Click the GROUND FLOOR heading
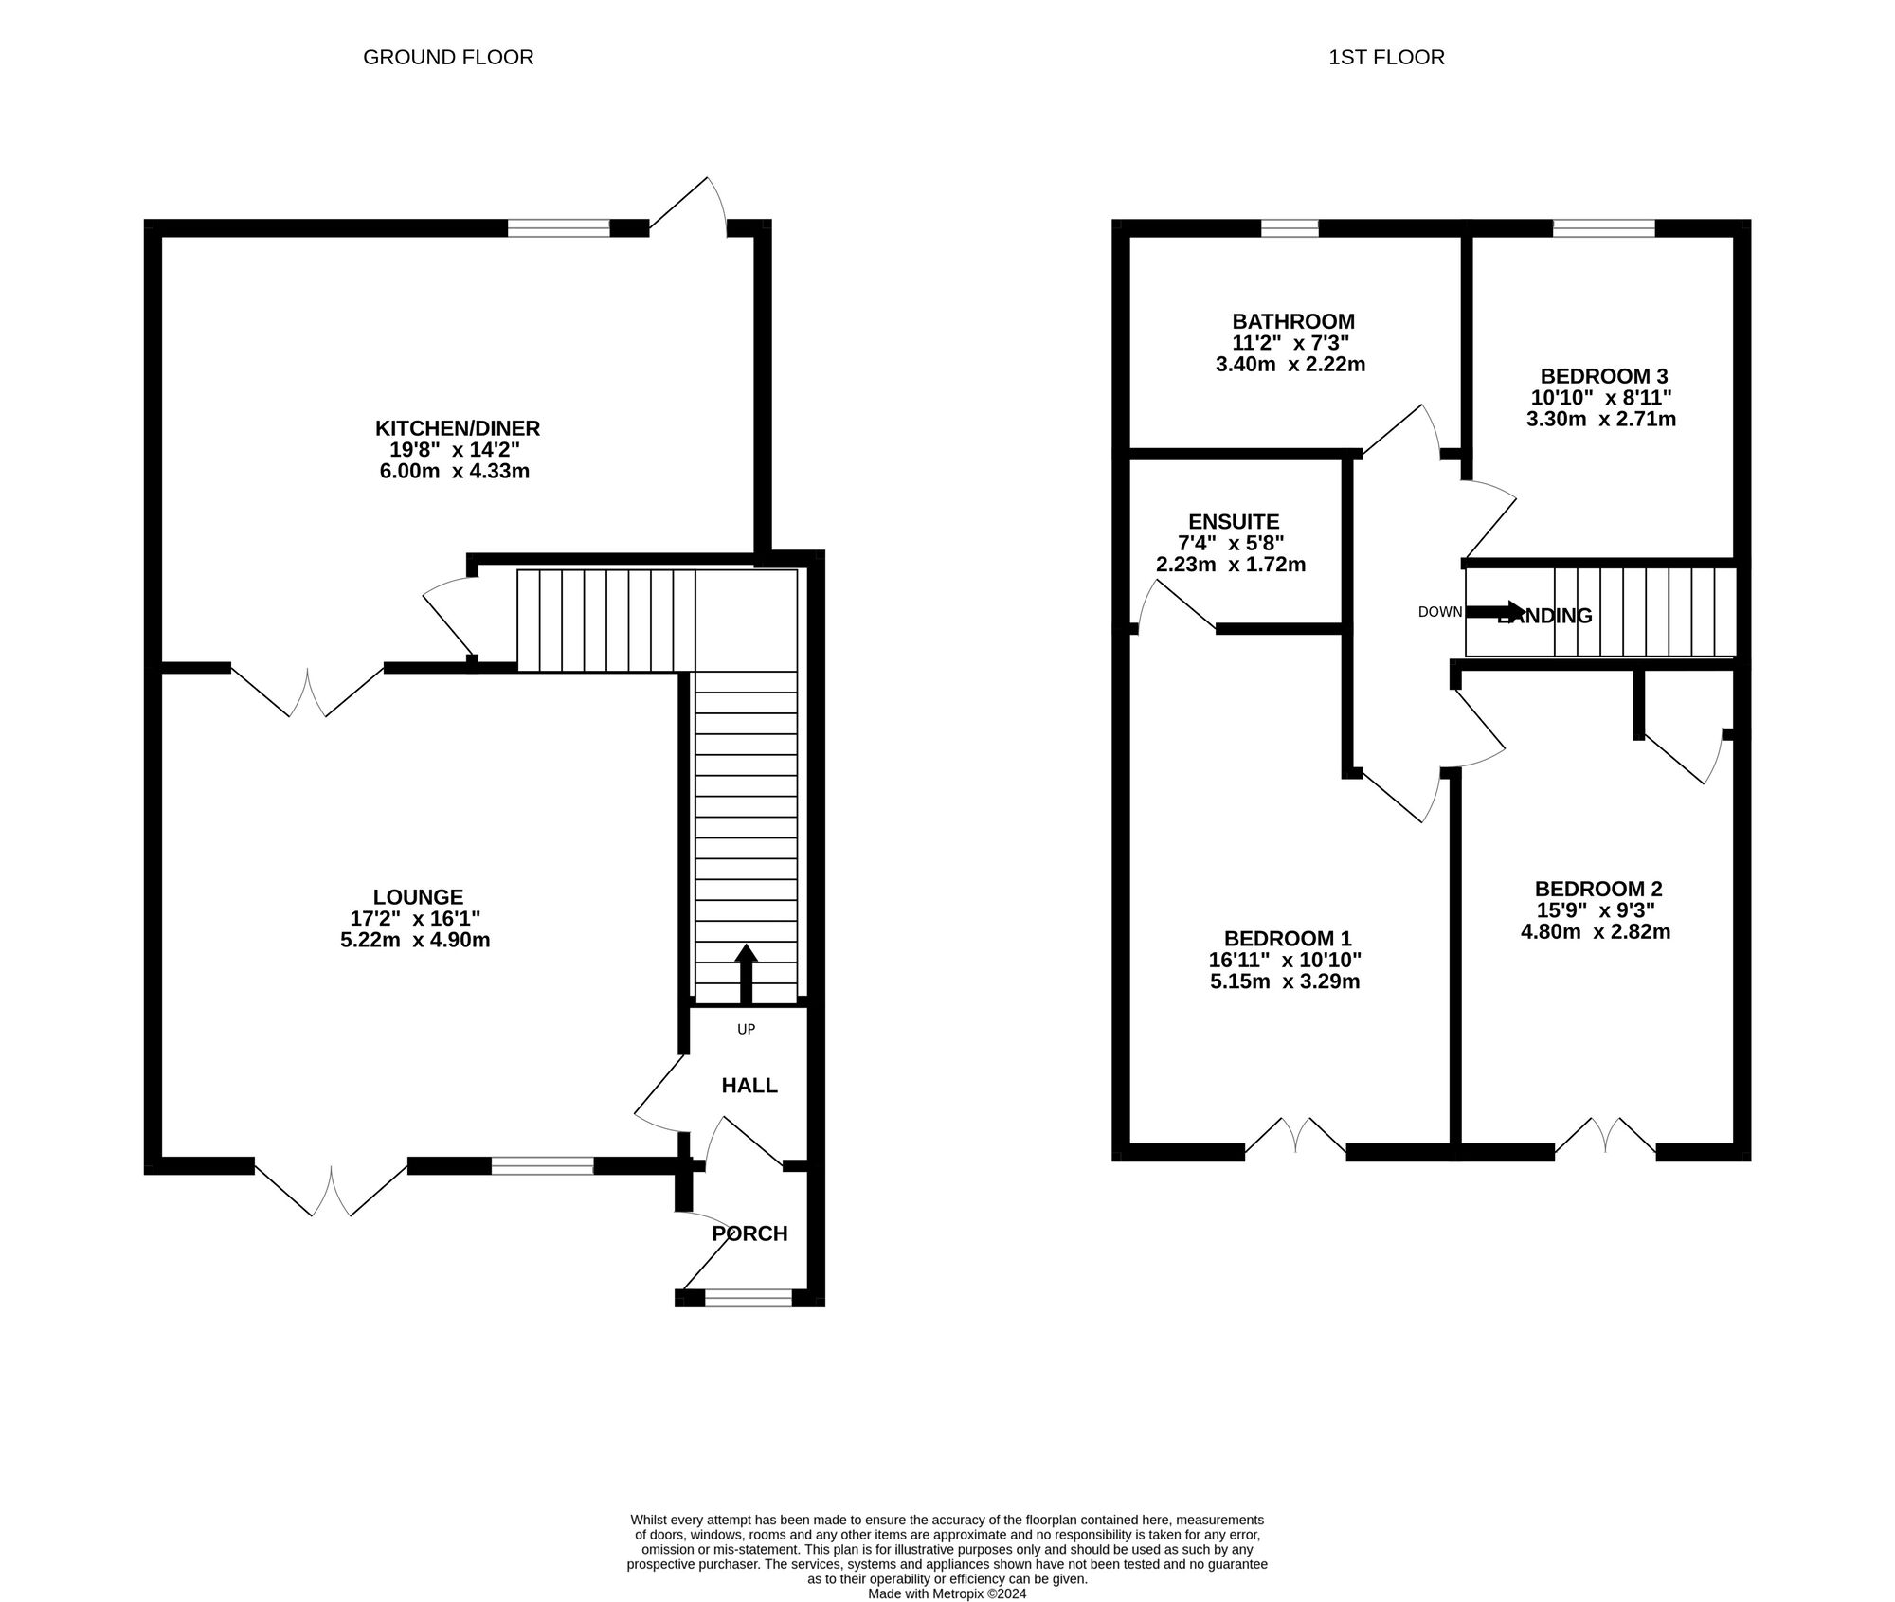448,58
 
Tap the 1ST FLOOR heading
1386,58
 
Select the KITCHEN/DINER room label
458,428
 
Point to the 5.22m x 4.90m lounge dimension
415,941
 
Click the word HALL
749,1086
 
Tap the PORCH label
749,1233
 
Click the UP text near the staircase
746,1029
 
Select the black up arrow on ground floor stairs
746,974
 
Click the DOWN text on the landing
1439,612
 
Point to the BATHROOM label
1293,321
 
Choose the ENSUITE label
1234,522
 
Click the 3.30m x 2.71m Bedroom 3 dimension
1600,419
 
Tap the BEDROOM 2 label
1598,889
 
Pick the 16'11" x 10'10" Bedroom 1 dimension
1285,959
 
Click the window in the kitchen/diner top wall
558,227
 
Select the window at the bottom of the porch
749,1298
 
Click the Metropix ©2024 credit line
947,1594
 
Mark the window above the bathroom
1290,227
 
